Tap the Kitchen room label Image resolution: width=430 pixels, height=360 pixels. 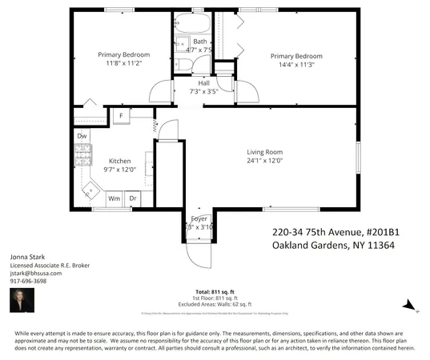(x=120, y=160)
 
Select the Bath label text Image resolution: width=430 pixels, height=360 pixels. (x=199, y=42)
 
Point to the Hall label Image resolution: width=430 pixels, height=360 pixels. (x=192, y=82)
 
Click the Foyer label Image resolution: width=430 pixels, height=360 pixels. (x=198, y=218)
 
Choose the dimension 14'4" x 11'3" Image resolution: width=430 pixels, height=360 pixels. (x=295, y=66)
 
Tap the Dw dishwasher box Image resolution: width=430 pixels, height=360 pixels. (x=82, y=136)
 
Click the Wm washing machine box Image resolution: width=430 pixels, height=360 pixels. (x=114, y=198)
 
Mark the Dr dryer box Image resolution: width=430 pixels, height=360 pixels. (x=133, y=198)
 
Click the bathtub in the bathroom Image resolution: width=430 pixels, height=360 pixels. (x=192, y=22)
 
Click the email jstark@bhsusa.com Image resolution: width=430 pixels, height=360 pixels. (x=36, y=273)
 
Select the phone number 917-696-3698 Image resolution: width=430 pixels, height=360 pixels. (x=28, y=281)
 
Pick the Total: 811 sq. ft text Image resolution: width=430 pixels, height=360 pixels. (x=215, y=290)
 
